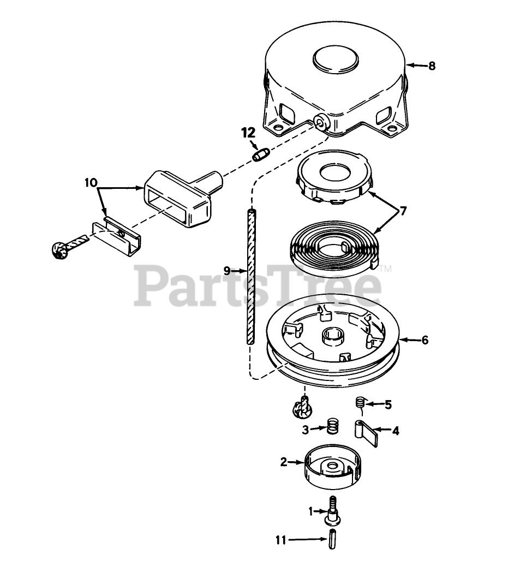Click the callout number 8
[432, 65]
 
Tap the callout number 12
[248, 133]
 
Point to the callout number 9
[228, 270]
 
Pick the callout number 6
[425, 340]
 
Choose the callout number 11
[280, 540]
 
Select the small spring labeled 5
[359, 403]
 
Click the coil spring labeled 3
[331, 425]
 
